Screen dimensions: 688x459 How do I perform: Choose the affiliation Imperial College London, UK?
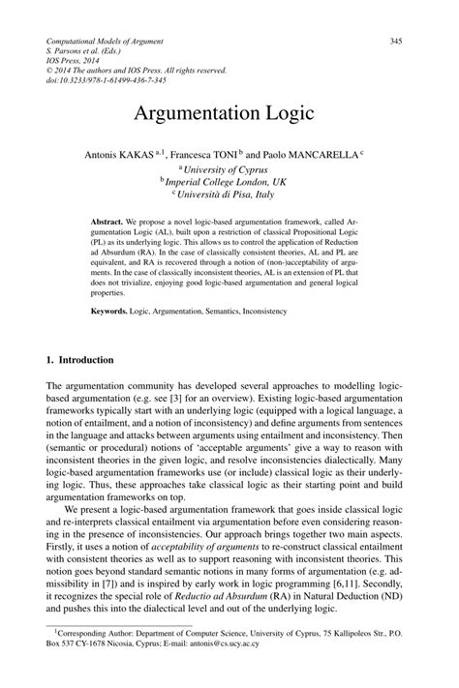[x=230, y=180]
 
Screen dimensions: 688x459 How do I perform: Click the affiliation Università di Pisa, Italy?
[x=230, y=194]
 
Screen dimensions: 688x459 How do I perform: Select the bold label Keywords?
[x=112, y=312]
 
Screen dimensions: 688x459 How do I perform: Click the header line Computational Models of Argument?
[x=105, y=41]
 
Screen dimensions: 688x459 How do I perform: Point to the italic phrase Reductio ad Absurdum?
[x=230, y=598]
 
